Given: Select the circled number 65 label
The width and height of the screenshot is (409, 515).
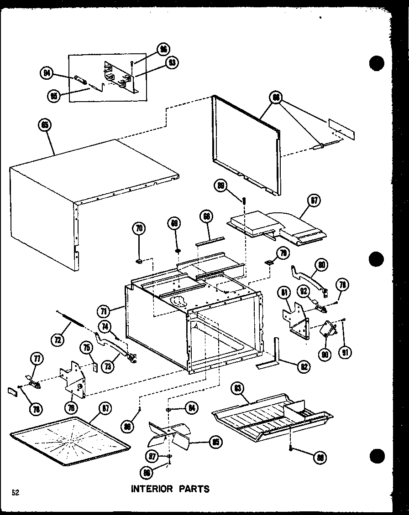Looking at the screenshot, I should pyautogui.click(x=46, y=126).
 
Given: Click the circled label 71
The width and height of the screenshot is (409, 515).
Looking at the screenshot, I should pyautogui.click(x=105, y=311).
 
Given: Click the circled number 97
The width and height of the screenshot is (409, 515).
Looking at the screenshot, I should pyautogui.click(x=152, y=456).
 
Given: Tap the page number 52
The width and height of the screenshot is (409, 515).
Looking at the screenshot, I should pyautogui.click(x=16, y=492).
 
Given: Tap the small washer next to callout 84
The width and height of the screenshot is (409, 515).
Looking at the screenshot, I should pyautogui.click(x=169, y=409).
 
